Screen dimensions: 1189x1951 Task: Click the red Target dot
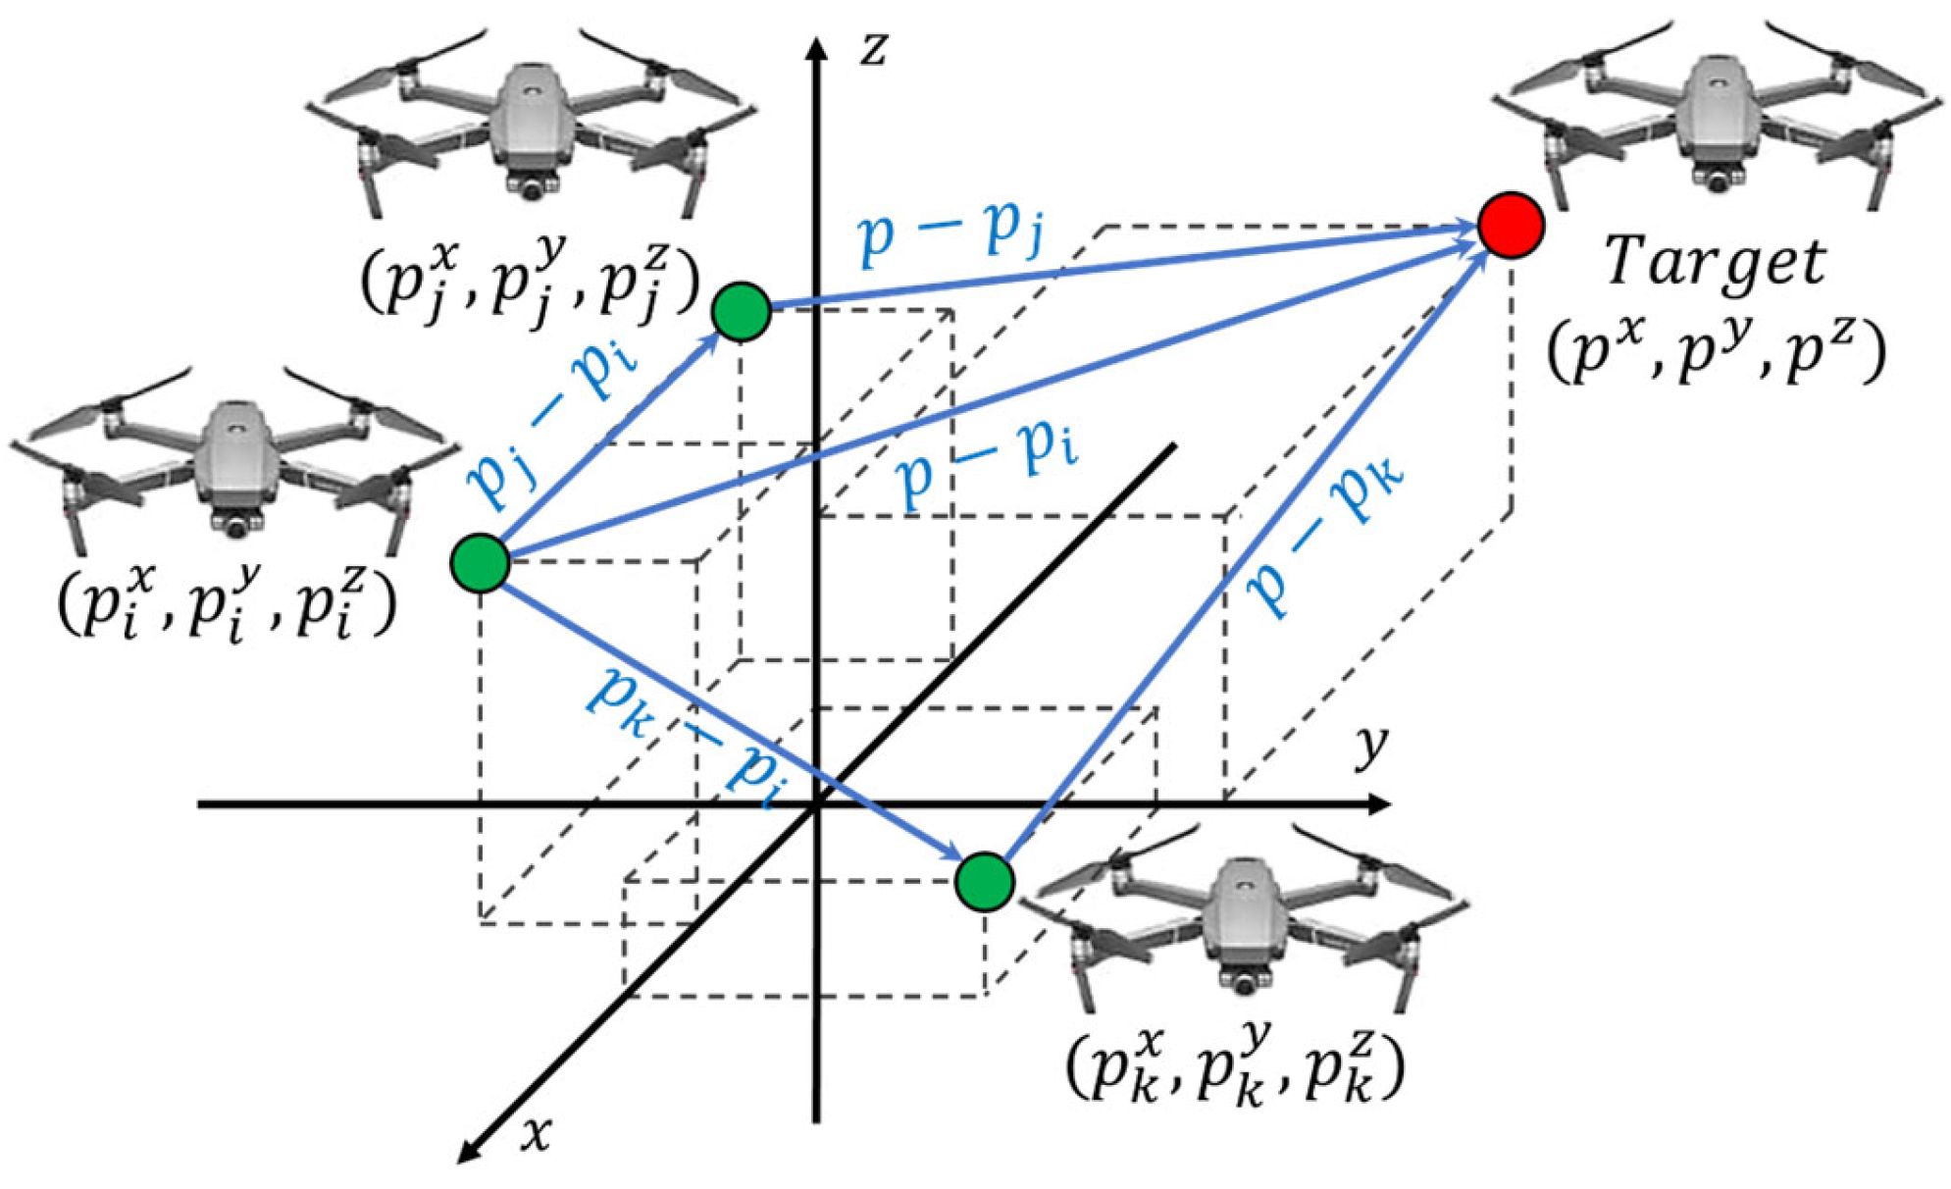click(x=1511, y=225)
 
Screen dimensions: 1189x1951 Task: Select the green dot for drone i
click(x=481, y=562)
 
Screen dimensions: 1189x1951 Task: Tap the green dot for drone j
click(x=742, y=311)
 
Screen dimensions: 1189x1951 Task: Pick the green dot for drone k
click(x=984, y=880)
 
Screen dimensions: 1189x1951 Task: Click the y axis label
click(x=1371, y=748)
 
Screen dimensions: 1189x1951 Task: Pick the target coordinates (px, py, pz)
click(x=1716, y=351)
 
